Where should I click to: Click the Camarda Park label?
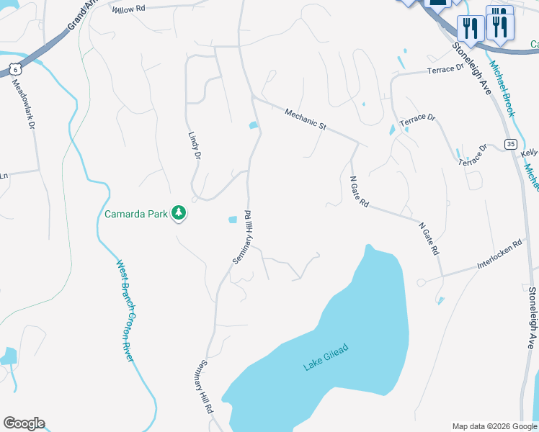pyautogui.click(x=135, y=214)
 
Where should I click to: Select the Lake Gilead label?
pyautogui.click(x=326, y=357)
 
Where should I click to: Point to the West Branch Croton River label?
pyautogui.click(x=128, y=310)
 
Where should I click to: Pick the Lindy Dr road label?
pyautogui.click(x=193, y=145)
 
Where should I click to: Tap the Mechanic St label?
pyautogui.click(x=306, y=119)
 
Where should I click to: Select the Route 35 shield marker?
pyautogui.click(x=511, y=144)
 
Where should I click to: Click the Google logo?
pyautogui.click(x=24, y=423)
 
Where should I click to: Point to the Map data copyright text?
pyautogui.click(x=494, y=426)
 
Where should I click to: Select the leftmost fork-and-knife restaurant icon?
pyautogui.click(x=470, y=30)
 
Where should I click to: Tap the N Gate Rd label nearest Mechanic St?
pyautogui.click(x=359, y=192)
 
